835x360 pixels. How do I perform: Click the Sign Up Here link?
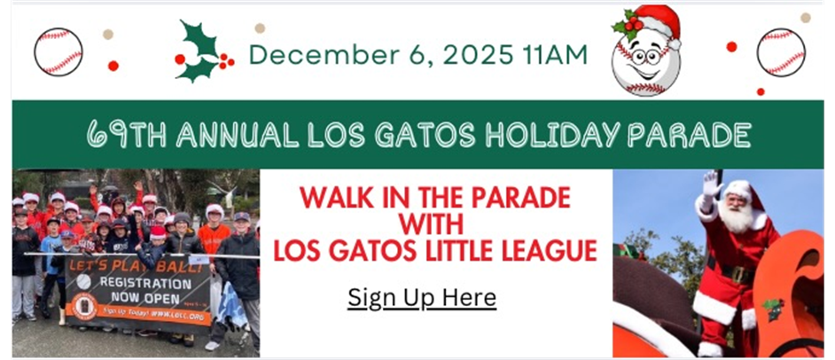tap(421, 296)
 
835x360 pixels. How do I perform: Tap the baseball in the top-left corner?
tap(59, 51)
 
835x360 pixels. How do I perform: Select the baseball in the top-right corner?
tap(781, 51)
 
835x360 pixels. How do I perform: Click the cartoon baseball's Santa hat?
tap(653, 25)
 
